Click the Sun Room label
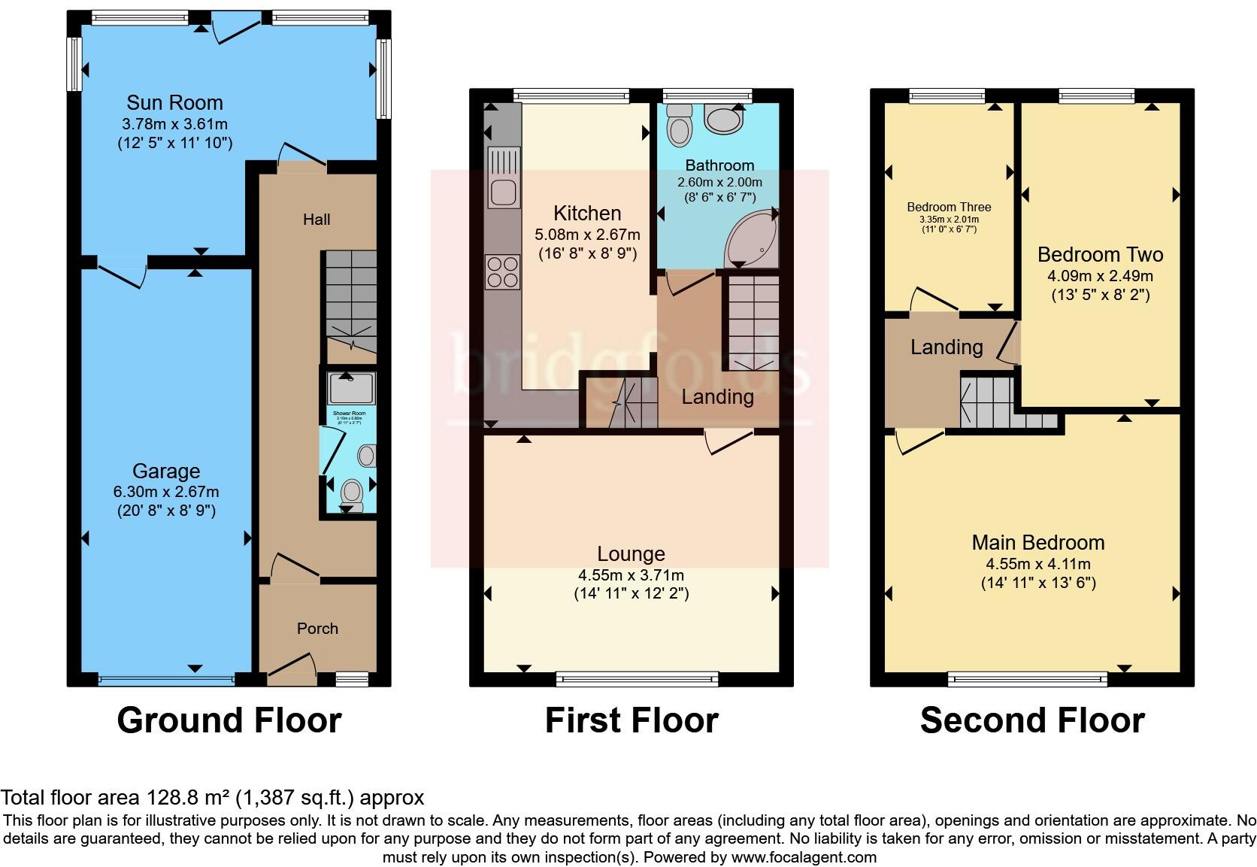(x=174, y=102)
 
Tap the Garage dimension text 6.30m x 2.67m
(x=166, y=492)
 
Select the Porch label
(x=317, y=628)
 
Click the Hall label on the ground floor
(x=317, y=220)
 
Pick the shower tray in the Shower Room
(x=351, y=389)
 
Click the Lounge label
(x=631, y=554)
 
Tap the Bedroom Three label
(x=949, y=207)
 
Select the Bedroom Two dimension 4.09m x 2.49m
(x=1100, y=276)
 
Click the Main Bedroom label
(x=1037, y=542)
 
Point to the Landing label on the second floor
(x=947, y=347)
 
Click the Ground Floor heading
(x=229, y=720)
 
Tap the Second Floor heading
(x=1032, y=720)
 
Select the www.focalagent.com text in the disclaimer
(x=803, y=857)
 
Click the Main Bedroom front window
(x=1028, y=680)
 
